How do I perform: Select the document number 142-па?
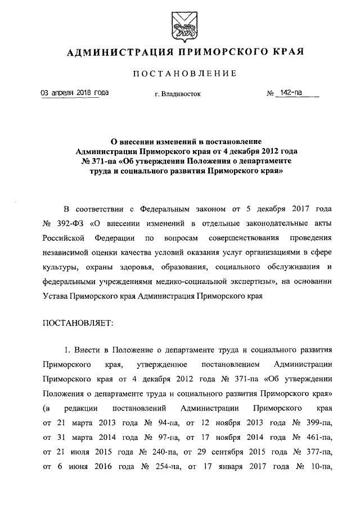tap(292, 93)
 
